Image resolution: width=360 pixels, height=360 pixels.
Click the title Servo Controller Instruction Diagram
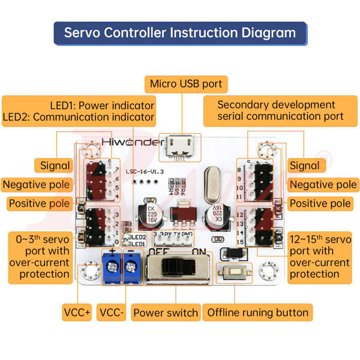(180, 32)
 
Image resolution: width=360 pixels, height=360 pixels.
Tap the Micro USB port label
(186, 84)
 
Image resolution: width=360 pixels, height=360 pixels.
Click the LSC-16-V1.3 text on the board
(145, 172)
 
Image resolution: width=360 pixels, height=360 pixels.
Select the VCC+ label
(76, 313)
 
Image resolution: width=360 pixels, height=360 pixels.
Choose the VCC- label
(112, 313)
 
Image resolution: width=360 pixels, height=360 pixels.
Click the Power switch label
(166, 313)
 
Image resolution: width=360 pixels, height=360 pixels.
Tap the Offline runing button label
(258, 313)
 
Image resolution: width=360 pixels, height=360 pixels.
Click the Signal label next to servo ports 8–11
(305, 165)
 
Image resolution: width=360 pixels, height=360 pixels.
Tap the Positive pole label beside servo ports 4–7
(38, 203)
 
